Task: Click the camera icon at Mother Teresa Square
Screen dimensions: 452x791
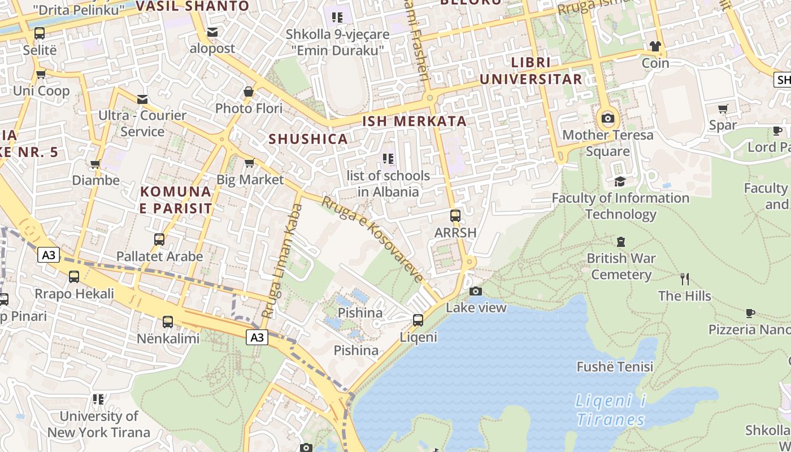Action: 608,119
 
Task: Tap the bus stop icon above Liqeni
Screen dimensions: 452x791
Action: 418,320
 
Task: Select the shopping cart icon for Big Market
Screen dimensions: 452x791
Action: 249,163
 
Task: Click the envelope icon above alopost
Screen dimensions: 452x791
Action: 212,32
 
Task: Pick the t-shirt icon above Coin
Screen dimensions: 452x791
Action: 655,46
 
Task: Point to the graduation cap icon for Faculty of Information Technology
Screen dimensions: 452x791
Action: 620,181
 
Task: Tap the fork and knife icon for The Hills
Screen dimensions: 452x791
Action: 685,279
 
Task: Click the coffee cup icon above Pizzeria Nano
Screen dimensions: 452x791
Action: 750,313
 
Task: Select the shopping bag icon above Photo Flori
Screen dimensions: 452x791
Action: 249,92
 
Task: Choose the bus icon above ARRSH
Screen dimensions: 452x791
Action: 455,216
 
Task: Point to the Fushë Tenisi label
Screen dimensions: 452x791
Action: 615,367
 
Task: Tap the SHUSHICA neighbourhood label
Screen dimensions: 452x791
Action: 308,139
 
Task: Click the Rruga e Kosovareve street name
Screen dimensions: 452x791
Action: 373,239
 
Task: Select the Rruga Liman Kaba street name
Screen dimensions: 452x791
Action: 281,260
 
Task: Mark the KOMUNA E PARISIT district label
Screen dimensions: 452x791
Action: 176,200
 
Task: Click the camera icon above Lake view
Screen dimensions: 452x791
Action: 476,292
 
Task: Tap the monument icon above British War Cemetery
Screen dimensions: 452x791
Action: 621,242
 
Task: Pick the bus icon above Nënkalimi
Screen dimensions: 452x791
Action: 168,322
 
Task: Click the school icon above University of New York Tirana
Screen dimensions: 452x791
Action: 99,400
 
